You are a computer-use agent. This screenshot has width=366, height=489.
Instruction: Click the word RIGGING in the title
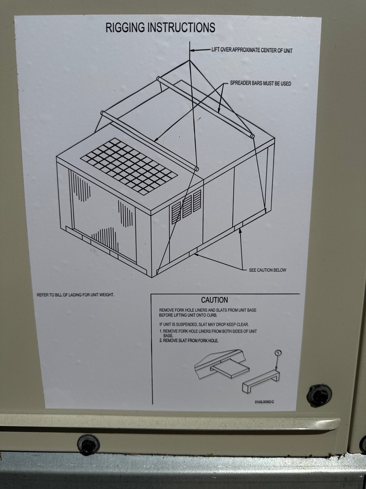[126, 28]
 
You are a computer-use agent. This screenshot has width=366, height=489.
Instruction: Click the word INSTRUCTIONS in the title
[181, 28]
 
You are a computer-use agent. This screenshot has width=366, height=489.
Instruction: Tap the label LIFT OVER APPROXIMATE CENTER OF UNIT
[252, 50]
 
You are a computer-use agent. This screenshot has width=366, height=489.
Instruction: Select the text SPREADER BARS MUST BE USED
[260, 83]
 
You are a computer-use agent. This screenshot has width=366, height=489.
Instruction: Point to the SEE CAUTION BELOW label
[267, 270]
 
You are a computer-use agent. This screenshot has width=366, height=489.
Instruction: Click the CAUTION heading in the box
[215, 300]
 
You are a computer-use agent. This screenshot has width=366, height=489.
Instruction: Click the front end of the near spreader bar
[196, 169]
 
